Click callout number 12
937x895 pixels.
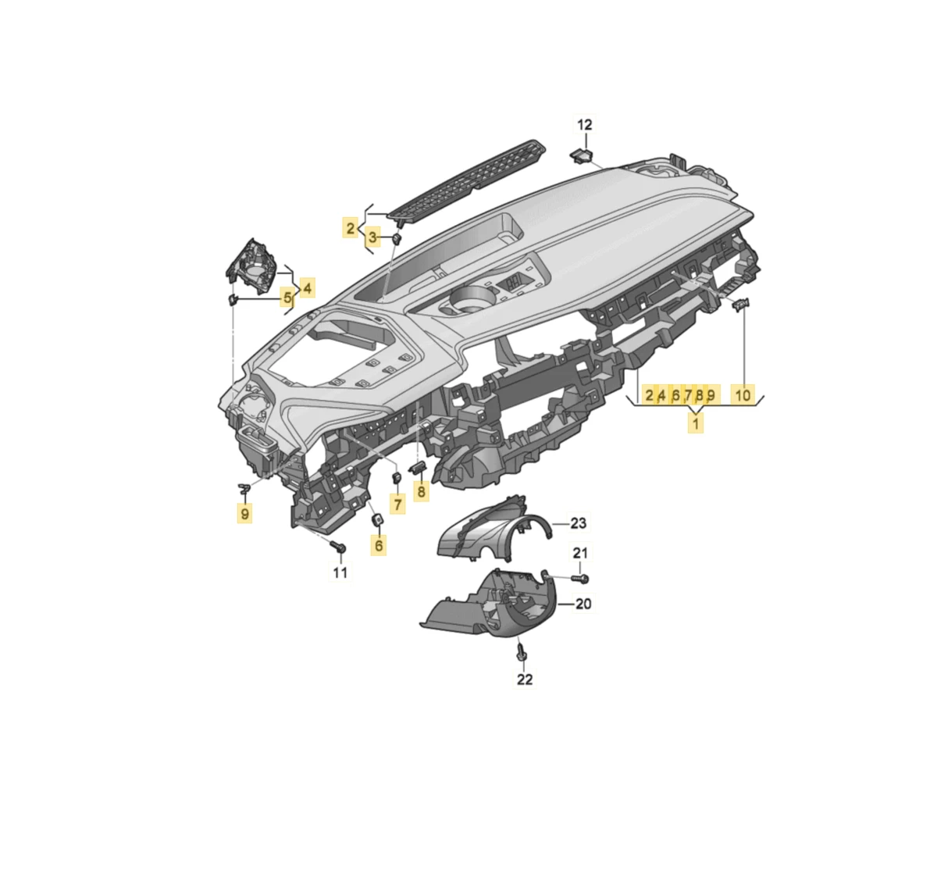[584, 125]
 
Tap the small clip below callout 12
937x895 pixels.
[582, 155]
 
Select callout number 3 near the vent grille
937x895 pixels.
[372, 237]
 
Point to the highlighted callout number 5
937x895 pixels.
[287, 298]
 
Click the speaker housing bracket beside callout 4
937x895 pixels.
[251, 266]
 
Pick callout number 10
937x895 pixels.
[743, 395]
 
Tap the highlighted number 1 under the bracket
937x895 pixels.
[695, 424]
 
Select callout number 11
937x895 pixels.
[340, 572]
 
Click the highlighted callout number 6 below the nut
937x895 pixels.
[379, 546]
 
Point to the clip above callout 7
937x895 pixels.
[397, 478]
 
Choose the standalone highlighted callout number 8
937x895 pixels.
[422, 492]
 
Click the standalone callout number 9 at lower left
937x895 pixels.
[244, 514]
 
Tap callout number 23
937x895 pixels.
[578, 522]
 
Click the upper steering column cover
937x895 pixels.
[490, 530]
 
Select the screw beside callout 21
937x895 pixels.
[580, 578]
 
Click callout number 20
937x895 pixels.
[583, 604]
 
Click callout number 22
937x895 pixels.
[525, 679]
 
